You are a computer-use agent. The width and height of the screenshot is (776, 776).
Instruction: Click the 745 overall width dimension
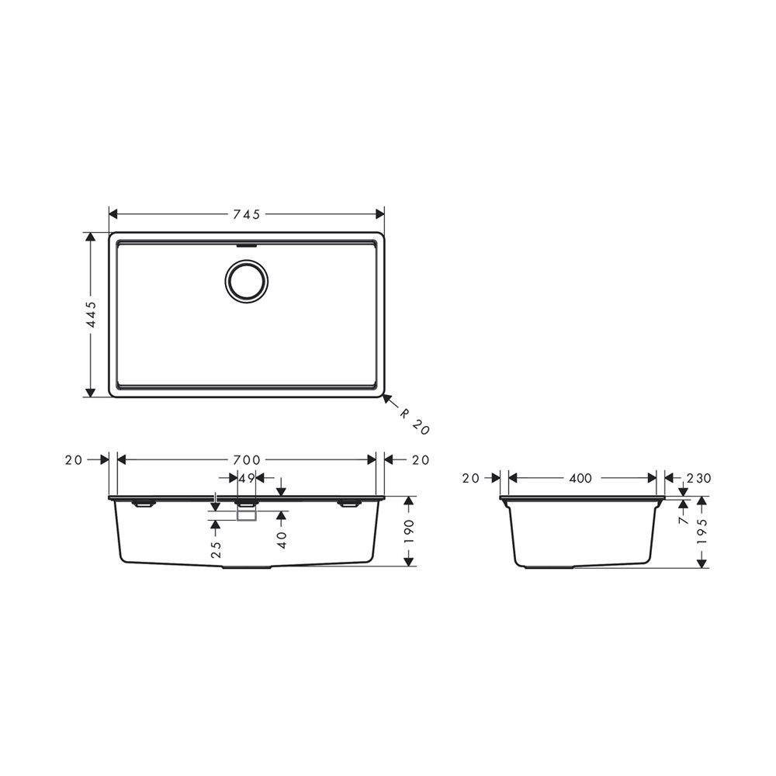pyautogui.click(x=246, y=214)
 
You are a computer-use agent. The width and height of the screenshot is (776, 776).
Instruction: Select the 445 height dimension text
pyautogui.click(x=91, y=315)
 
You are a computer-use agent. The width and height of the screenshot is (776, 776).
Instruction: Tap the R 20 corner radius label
pyautogui.click(x=414, y=419)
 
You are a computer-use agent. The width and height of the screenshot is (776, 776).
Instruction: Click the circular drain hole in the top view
pyautogui.click(x=247, y=280)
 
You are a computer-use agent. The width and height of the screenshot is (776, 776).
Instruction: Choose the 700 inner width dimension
pyautogui.click(x=246, y=459)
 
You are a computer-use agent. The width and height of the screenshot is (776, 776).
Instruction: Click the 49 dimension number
pyautogui.click(x=247, y=478)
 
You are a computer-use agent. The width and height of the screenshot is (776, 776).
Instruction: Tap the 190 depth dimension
pyautogui.click(x=410, y=531)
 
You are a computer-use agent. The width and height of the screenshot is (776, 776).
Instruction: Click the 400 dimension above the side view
pyautogui.click(x=580, y=478)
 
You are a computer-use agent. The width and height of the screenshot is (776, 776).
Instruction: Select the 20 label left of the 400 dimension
pyautogui.click(x=470, y=478)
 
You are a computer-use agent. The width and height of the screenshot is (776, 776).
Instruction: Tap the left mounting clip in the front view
pyautogui.click(x=144, y=504)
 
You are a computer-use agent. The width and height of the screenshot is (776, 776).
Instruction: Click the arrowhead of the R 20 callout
pyautogui.click(x=387, y=400)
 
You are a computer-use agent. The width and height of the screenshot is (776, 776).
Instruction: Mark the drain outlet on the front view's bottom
pyautogui.click(x=247, y=566)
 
